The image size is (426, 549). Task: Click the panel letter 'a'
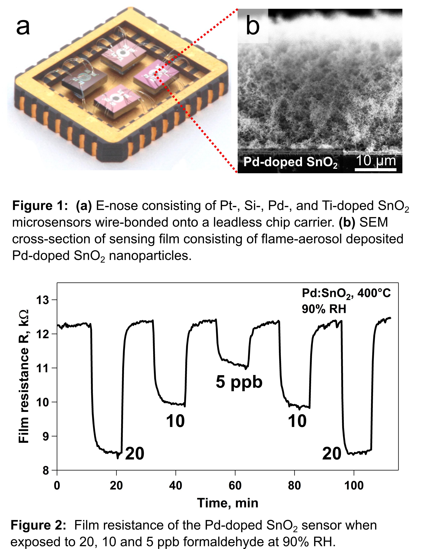pyautogui.click(x=23, y=28)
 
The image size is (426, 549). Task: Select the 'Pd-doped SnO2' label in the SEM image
pyautogui.click(x=290, y=162)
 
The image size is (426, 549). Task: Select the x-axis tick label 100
pyautogui.click(x=354, y=485)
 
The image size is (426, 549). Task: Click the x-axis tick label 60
pyautogui.click(x=235, y=485)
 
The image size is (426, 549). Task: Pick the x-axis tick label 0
pyautogui.click(x=57, y=485)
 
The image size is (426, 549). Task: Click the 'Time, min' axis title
pyautogui.click(x=228, y=503)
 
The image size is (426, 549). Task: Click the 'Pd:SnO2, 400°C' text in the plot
pyautogui.click(x=346, y=294)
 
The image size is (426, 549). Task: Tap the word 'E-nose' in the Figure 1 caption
pyautogui.click(x=117, y=206)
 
